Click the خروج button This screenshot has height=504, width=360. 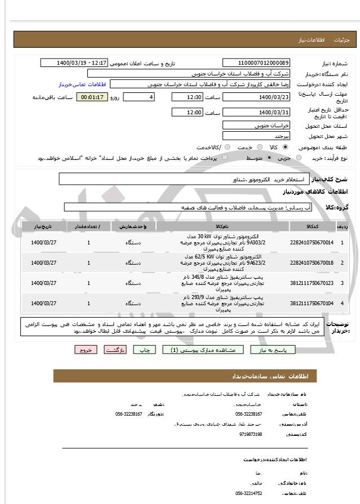coord(86,350)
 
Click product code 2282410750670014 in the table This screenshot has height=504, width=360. coord(312,242)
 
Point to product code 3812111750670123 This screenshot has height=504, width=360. coord(312,283)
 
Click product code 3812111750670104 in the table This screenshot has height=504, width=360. coord(312,303)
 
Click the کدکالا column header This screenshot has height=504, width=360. coord(312,226)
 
